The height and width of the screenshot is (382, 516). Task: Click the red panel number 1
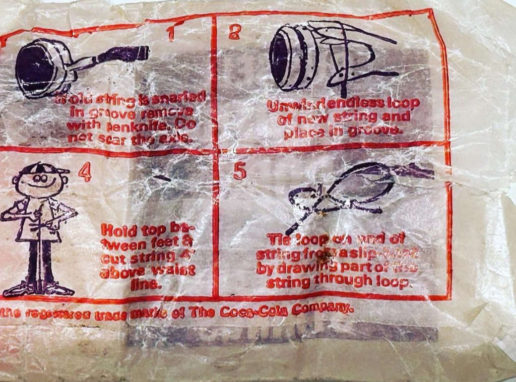(x=171, y=33)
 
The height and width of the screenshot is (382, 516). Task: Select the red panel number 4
(x=85, y=173)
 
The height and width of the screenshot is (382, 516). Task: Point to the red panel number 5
(x=240, y=171)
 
